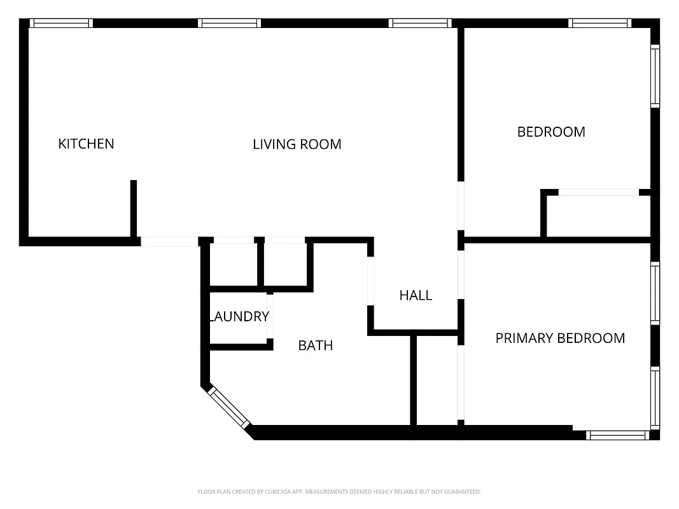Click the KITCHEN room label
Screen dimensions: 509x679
(86, 144)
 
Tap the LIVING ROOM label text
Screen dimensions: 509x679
(297, 144)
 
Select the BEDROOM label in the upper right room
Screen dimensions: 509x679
(551, 132)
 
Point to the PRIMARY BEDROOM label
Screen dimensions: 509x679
(560, 338)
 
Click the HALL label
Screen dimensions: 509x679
(416, 295)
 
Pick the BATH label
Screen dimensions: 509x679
(316, 345)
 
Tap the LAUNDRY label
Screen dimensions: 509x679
(239, 316)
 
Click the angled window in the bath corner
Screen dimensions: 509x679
(230, 407)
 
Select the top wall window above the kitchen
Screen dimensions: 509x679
(62, 23)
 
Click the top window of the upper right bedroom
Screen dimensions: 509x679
(601, 23)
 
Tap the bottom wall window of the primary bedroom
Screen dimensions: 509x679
(617, 435)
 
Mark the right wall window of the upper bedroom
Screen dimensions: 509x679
(655, 75)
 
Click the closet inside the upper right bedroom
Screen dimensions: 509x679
(598, 216)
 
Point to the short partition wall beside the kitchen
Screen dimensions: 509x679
(134, 208)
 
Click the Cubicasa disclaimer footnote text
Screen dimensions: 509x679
(339, 492)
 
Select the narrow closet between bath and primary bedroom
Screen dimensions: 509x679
(437, 380)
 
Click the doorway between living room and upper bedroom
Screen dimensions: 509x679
(461, 206)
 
